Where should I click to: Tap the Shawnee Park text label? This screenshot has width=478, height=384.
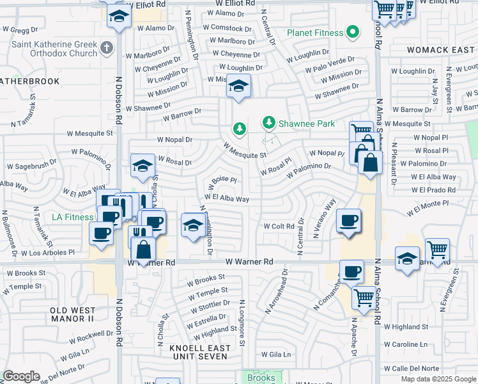304,122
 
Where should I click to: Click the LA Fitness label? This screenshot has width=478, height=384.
72,217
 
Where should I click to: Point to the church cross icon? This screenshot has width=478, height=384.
107,47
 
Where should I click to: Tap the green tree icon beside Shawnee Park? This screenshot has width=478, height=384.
269,122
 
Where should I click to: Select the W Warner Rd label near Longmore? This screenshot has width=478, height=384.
249,262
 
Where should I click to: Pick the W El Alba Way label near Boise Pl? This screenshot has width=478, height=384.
227,199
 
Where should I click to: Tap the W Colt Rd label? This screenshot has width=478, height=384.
279,226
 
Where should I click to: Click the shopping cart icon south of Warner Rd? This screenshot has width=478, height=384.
363,296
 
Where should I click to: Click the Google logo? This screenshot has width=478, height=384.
21,376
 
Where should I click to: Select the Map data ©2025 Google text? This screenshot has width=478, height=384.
438,379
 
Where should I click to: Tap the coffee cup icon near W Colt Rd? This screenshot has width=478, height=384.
348,221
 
